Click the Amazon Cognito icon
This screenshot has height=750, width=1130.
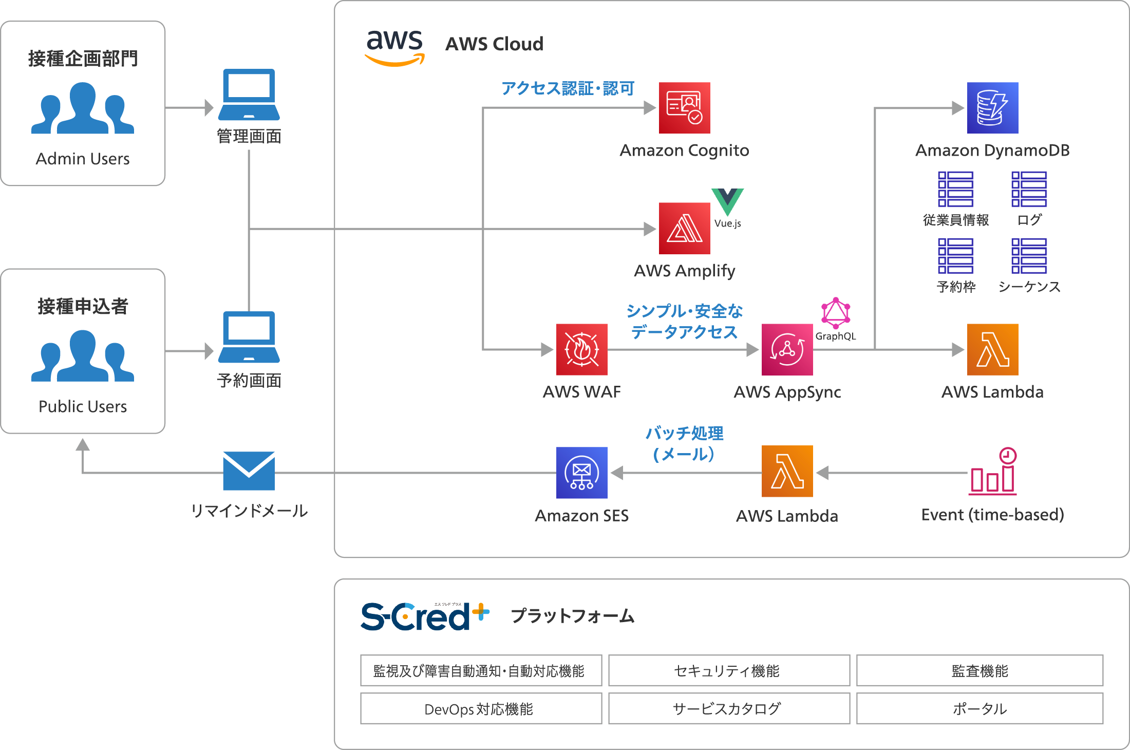pos(684,108)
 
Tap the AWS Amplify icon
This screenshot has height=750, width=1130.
pos(684,229)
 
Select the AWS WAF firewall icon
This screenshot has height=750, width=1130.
pos(581,349)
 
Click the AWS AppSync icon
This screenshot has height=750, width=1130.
pos(787,349)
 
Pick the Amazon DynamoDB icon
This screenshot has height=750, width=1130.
pos(992,108)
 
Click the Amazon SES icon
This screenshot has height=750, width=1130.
pos(581,473)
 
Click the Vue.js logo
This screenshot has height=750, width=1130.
pos(727,202)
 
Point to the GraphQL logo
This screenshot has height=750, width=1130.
pos(836,313)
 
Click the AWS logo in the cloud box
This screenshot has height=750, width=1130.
pos(394,47)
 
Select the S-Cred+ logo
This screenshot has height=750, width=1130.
pos(424,616)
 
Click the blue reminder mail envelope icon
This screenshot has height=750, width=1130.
pos(249,471)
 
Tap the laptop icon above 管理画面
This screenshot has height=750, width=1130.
pos(249,95)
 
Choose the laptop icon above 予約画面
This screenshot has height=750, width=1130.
pos(249,337)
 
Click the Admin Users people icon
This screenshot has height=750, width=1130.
pos(83,108)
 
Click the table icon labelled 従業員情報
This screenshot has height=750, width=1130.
pos(955,189)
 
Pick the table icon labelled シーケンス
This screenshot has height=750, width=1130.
pos(1029,256)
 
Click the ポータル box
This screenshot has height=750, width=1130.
pos(980,708)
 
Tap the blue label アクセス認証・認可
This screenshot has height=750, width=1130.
pos(568,88)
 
